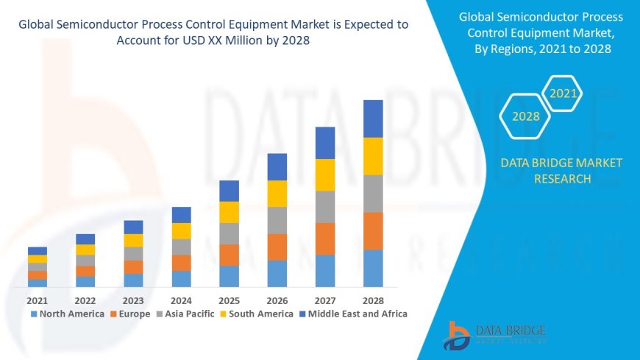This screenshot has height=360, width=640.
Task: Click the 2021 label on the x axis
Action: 38,300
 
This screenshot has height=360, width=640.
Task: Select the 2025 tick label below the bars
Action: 229,300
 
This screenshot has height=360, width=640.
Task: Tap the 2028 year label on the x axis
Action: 373,300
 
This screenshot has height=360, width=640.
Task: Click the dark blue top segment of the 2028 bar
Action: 373,119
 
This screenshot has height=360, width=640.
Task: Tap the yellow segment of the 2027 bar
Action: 325,174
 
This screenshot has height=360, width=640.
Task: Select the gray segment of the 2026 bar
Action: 277,220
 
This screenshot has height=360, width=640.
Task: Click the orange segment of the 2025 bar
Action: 229,255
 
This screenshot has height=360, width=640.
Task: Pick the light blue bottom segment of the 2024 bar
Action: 181,278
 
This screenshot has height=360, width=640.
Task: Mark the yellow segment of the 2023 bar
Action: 133,240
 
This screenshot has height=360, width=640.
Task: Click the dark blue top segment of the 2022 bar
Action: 85,239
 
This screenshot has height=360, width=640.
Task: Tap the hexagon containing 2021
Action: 563,93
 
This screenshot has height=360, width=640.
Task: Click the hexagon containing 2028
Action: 525,116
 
